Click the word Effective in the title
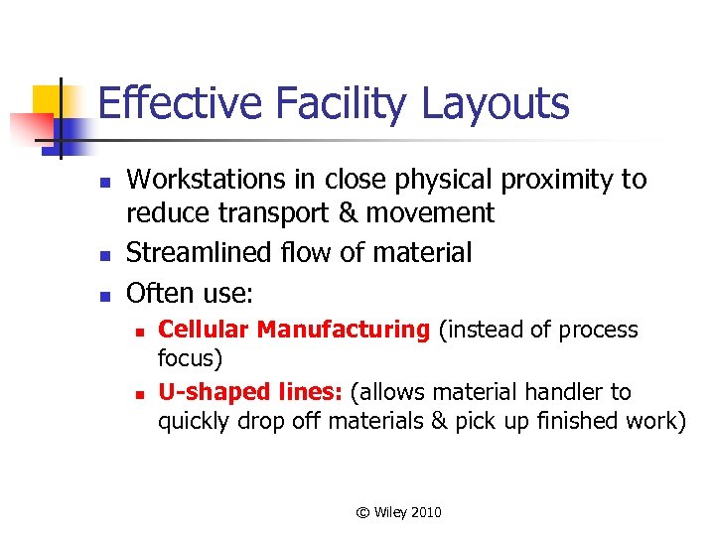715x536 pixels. click(165, 103)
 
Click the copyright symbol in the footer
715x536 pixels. click(362, 512)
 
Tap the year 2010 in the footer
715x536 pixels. click(425, 512)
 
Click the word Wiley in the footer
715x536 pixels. click(390, 512)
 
